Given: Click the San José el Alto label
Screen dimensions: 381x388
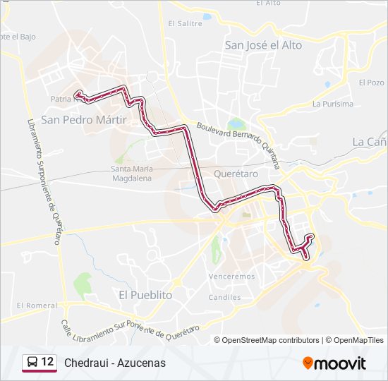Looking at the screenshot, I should tap(263, 45).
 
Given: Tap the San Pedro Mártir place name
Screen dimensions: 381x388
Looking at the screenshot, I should tap(83, 120).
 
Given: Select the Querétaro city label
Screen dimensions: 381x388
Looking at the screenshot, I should tap(230, 173).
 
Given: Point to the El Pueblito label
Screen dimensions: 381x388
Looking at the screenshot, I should tap(145, 295).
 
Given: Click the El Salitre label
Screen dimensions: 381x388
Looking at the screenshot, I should tap(185, 23).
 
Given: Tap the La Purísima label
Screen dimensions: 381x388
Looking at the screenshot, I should tap(332, 104).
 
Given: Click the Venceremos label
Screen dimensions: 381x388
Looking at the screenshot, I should tap(232, 277).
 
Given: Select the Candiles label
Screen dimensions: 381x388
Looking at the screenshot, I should tap(225, 297).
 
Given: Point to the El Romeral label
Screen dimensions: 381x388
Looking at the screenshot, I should tap(37, 306).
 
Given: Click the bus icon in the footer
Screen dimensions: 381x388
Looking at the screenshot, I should tap(32, 363).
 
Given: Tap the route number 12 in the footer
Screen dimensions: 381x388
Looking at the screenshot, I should tap(48, 362).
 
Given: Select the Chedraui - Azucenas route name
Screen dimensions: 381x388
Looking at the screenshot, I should tap(114, 363).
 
